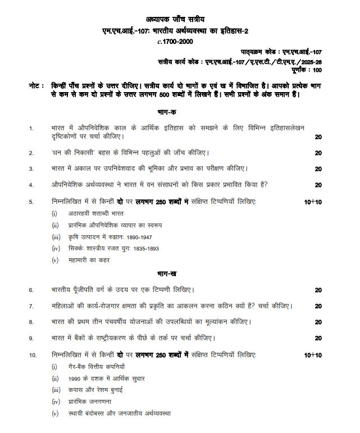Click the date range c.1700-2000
point(180,41)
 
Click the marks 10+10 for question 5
point(313,201)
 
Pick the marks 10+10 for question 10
point(313,355)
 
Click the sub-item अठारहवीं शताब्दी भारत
point(92,213)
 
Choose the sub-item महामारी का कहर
point(85,260)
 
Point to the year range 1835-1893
point(145,248)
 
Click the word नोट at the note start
point(34,86)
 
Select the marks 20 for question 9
point(318,339)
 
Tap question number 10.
point(33,355)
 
